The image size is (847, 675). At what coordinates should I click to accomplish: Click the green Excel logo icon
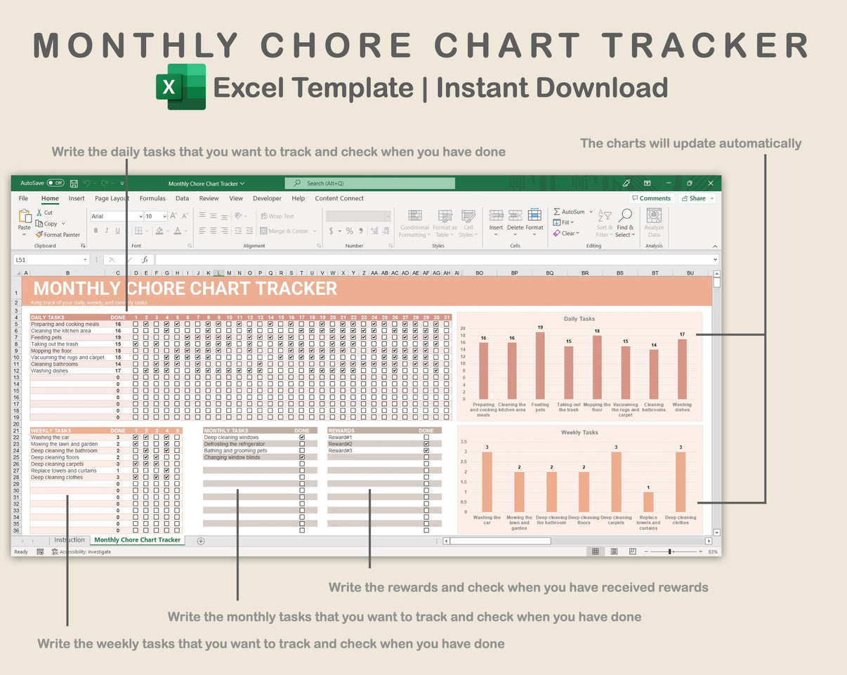pyautogui.click(x=180, y=87)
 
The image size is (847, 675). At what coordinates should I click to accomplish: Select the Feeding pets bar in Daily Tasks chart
pyautogui.click(x=540, y=365)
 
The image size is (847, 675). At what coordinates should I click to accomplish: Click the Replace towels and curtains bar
pyautogui.click(x=648, y=502)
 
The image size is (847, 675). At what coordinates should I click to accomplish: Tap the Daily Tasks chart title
pyautogui.click(x=579, y=319)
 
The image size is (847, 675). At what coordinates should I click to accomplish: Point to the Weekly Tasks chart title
pyautogui.click(x=579, y=432)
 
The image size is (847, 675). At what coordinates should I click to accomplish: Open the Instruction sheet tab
pyautogui.click(x=70, y=540)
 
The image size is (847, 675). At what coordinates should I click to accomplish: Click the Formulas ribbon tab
pyautogui.click(x=152, y=198)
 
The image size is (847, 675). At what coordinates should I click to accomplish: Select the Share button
pyautogui.click(x=697, y=198)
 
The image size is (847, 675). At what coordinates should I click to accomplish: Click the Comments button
pyautogui.click(x=651, y=198)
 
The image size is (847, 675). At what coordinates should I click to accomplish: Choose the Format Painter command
pyautogui.click(x=58, y=235)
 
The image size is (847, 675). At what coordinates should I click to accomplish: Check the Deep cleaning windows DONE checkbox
pyautogui.click(x=302, y=438)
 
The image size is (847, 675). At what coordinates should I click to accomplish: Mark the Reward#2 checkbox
pyautogui.click(x=426, y=444)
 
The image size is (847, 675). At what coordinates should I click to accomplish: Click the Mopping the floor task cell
pyautogui.click(x=51, y=350)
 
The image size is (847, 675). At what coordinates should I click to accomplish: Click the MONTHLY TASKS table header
pyautogui.click(x=226, y=431)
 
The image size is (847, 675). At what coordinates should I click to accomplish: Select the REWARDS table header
pyautogui.click(x=341, y=431)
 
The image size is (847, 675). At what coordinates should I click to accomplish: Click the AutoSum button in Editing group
pyautogui.click(x=569, y=211)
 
